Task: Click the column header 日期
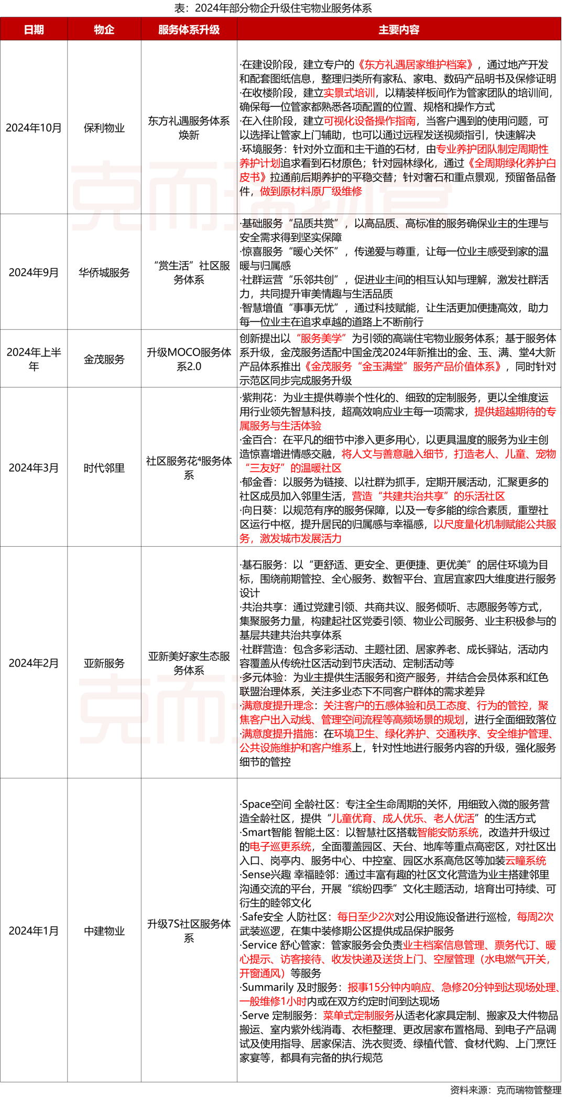[x=34, y=30]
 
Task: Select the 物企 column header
[x=104, y=30]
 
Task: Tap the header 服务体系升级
[x=189, y=30]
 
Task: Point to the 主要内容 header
[x=399, y=30]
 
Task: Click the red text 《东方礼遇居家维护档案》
[x=415, y=65]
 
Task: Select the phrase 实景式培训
[x=349, y=93]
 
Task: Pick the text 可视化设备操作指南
[x=369, y=121]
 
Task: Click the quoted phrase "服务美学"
[x=321, y=339]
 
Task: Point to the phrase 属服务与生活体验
[x=280, y=426]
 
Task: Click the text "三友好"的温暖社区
[x=293, y=469]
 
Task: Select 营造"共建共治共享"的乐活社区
[x=428, y=496]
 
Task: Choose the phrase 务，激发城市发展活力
[x=290, y=539]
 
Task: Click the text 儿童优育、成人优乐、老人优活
[x=402, y=818]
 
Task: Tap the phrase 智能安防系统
[x=448, y=833]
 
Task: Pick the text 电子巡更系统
[x=280, y=847]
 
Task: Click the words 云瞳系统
[x=525, y=861]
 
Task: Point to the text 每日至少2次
[x=365, y=917]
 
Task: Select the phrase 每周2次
[x=535, y=917]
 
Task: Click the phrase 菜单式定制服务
[x=359, y=1016]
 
